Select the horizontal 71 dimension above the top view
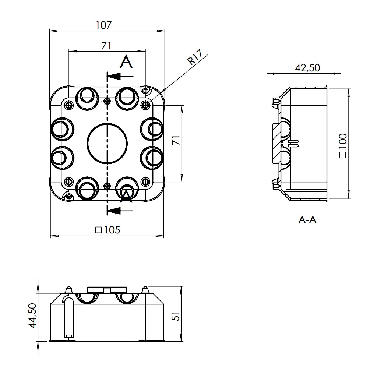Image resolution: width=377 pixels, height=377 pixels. (106, 45)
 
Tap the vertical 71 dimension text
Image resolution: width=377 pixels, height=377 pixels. (176, 140)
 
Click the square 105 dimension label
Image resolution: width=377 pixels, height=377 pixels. (108, 230)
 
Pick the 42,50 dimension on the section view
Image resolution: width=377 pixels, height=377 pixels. (307, 68)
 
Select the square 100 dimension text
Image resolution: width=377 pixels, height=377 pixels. (342, 146)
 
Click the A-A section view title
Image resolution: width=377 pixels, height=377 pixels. (307, 220)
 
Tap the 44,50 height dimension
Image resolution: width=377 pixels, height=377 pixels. (33, 316)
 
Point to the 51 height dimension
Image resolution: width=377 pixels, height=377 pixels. (176, 316)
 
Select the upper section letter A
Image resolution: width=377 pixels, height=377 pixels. (126, 62)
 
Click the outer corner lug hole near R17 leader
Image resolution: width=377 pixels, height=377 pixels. (146, 91)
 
